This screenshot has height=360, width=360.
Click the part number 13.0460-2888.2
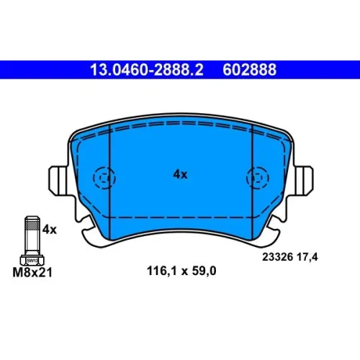point(147,70)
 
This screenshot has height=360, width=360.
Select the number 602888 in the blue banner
point(249,70)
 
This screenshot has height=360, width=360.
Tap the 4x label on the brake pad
point(180,174)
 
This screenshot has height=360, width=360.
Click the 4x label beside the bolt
point(50,230)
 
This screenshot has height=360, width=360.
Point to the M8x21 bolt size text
point(32,273)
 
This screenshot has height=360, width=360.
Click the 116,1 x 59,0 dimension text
point(181,271)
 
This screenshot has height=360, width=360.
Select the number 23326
point(278,257)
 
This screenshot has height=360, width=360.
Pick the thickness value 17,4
point(307,257)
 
